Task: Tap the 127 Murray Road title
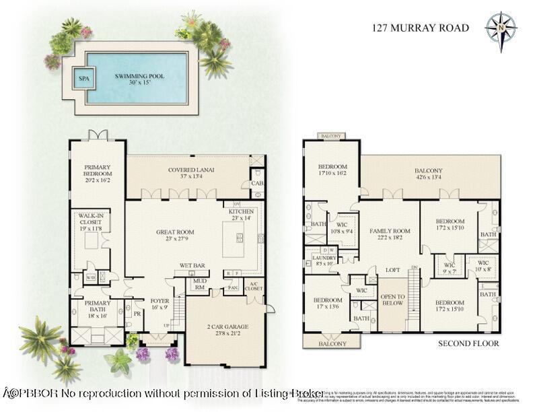click(421, 28)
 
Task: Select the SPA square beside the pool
click(84, 78)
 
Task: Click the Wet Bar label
click(192, 265)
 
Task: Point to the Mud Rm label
click(199, 285)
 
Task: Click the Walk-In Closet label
click(94, 221)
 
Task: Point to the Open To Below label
click(392, 300)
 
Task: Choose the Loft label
click(393, 270)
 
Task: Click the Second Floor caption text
click(468, 343)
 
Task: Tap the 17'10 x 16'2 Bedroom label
click(332, 170)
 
